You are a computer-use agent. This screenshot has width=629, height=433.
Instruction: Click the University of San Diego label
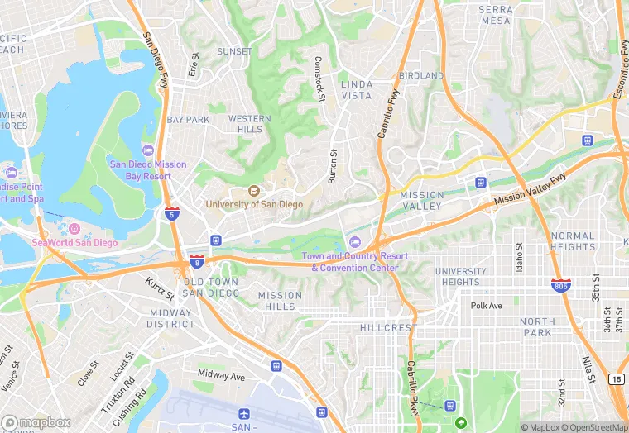254,203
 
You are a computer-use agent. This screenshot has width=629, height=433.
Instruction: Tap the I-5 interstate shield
171,213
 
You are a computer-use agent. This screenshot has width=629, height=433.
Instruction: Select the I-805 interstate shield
560,286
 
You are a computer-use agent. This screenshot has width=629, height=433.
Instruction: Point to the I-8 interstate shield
197,262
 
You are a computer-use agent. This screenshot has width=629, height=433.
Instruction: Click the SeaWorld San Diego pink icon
74,229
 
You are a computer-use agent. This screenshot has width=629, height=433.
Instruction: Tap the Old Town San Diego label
210,288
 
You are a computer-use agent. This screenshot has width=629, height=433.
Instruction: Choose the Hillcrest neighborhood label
389,328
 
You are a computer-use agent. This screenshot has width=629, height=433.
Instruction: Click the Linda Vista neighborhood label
357,90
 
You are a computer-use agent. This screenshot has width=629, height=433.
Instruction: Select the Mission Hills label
280,301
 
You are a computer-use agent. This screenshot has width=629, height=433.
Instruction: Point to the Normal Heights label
573,241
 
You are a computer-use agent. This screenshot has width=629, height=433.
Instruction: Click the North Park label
538,326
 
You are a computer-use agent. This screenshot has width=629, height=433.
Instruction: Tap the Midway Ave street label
221,375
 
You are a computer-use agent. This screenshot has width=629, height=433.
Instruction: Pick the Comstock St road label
319,79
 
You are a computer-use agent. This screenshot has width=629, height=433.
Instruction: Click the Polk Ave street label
487,306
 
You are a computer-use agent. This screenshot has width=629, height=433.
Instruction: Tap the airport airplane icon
243,413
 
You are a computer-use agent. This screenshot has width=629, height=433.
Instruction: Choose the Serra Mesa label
496,15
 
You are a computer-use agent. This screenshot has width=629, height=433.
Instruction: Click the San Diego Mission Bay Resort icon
148,150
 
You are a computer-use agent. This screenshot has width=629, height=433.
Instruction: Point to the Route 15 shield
617,378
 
